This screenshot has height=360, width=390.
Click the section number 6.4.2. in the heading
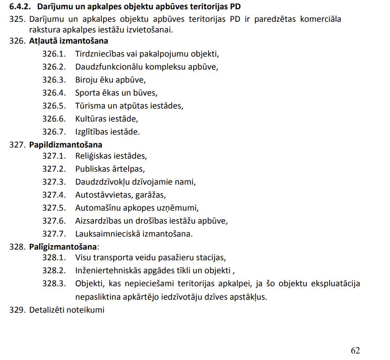click(x=20, y=7)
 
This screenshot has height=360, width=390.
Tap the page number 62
click(x=355, y=350)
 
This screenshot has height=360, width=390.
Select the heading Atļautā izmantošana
click(x=69, y=41)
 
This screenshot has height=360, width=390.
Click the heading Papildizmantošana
click(x=65, y=145)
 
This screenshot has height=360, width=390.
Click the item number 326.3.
click(x=54, y=79)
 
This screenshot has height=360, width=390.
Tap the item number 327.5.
click(x=54, y=208)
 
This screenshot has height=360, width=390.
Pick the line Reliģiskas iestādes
click(x=111, y=156)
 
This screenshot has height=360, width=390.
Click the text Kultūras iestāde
click(x=107, y=118)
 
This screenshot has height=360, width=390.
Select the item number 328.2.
click(x=54, y=270)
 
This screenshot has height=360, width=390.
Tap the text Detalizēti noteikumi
click(x=67, y=309)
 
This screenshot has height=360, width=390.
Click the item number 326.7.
click(x=54, y=131)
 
